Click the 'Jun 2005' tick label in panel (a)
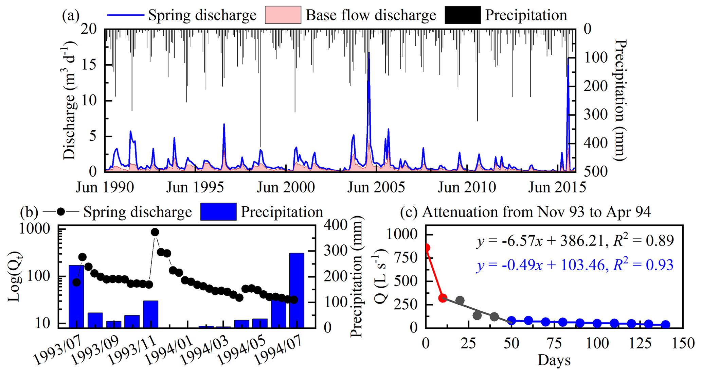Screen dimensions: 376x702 point(376,187)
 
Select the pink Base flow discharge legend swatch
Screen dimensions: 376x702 point(283,15)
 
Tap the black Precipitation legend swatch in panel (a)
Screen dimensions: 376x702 point(462,15)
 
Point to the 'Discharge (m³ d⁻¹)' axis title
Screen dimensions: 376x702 point(70,101)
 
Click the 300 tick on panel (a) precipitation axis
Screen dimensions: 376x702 point(596,115)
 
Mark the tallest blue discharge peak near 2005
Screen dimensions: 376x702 point(369,53)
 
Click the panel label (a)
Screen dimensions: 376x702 point(71,15)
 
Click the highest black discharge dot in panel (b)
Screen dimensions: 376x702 point(155,232)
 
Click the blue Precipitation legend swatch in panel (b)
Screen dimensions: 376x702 point(218,212)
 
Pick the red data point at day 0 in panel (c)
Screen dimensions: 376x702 point(426,248)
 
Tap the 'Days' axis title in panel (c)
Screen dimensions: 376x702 point(554,360)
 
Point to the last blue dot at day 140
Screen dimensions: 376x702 point(666,324)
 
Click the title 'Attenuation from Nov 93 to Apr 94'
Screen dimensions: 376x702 point(536,212)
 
